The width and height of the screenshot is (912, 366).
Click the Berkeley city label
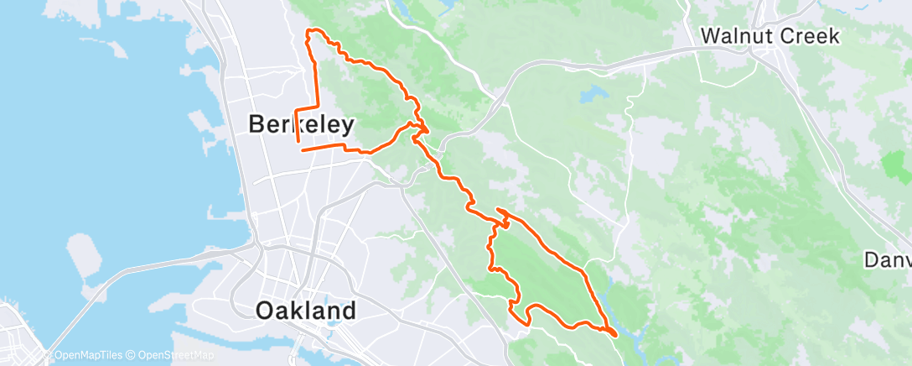(x=301, y=125)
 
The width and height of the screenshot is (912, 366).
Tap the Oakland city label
(x=305, y=311)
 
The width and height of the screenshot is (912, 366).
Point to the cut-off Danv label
(x=889, y=259)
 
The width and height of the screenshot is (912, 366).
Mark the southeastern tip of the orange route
(x=616, y=335)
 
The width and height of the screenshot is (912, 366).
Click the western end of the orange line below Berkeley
(x=302, y=150)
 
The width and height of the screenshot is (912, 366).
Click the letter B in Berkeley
(x=256, y=125)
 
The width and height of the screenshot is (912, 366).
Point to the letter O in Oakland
(x=263, y=311)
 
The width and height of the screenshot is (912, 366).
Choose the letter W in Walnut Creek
(x=708, y=37)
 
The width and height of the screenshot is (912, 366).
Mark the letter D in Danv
(x=872, y=259)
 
